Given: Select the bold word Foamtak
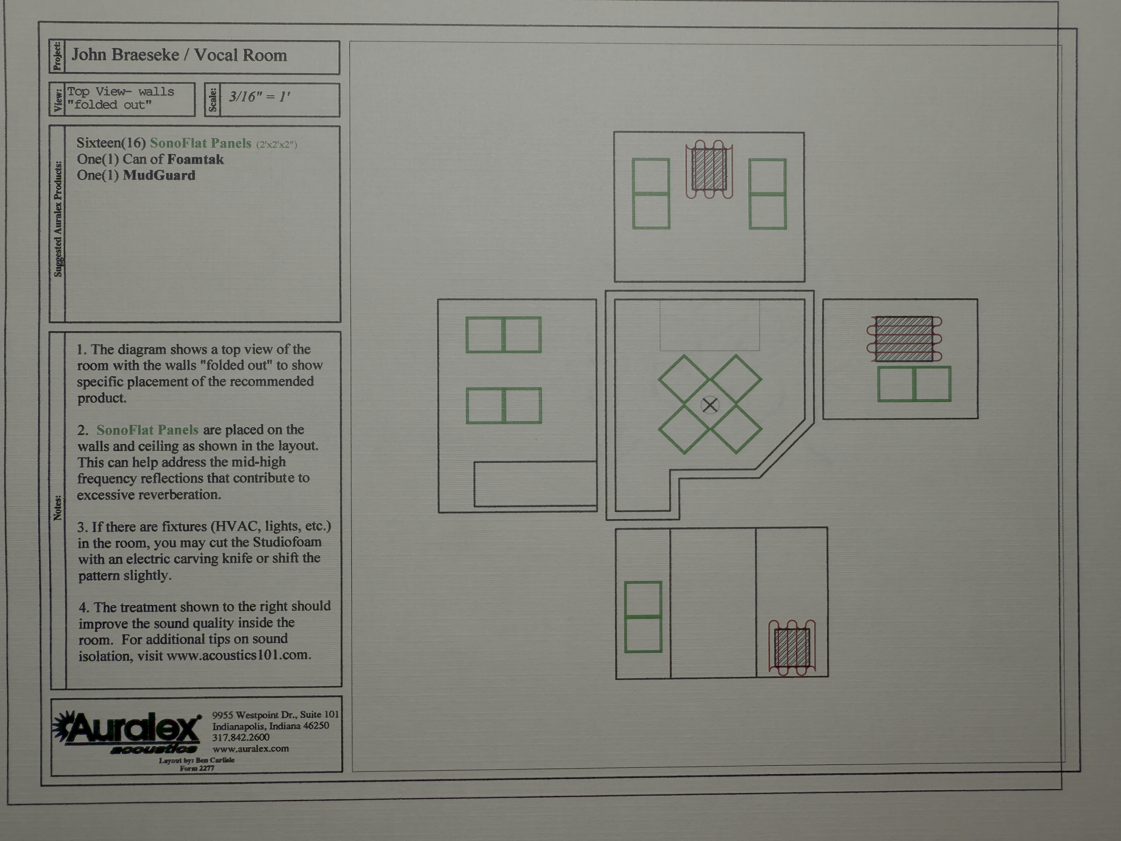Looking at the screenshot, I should [x=195, y=160].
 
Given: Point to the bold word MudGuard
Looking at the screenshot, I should [x=159, y=175].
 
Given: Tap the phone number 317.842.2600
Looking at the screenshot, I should [x=241, y=737].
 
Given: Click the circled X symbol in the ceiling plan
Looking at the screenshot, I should [x=710, y=405].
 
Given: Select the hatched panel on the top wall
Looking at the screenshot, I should [x=709, y=169].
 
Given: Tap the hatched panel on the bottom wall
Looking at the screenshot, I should [x=792, y=647].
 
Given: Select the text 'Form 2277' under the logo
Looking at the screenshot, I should [x=197, y=768].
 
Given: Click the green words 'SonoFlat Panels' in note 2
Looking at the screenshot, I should [x=147, y=430].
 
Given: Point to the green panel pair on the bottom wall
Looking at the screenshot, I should [x=643, y=617].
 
